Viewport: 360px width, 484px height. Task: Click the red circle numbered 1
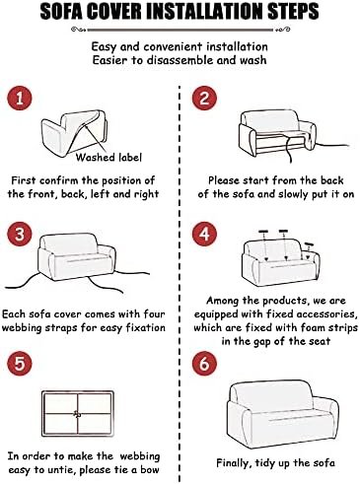point(20,98)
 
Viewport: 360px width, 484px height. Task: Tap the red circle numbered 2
point(204,98)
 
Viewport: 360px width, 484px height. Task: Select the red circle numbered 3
point(20,234)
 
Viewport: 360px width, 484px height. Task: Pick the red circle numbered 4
point(204,234)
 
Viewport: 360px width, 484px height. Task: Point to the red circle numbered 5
point(20,364)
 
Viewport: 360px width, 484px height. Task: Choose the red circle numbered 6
point(204,364)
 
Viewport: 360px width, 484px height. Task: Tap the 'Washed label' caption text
point(108,158)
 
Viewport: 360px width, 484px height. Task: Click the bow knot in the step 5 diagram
point(77,414)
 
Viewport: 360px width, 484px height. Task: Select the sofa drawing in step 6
point(283,414)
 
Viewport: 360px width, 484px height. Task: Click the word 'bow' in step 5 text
point(150,469)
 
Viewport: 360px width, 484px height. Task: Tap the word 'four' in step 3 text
point(154,313)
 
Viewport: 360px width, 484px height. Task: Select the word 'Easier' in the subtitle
point(109,60)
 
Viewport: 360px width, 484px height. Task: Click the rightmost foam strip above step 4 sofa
point(309,244)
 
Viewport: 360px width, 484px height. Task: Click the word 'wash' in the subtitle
point(253,60)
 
